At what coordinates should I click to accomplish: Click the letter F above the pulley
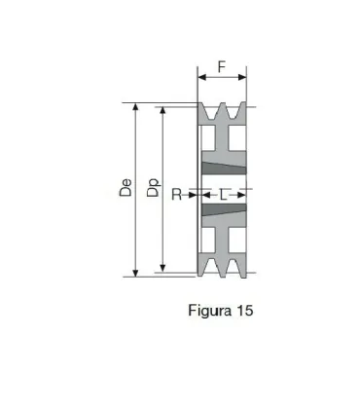(222, 67)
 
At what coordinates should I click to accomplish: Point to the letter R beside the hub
(176, 195)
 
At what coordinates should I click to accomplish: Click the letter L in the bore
(225, 195)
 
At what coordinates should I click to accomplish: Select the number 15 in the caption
(243, 312)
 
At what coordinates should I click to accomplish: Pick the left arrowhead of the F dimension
(201, 78)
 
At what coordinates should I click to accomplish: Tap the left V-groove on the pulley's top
(213, 110)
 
